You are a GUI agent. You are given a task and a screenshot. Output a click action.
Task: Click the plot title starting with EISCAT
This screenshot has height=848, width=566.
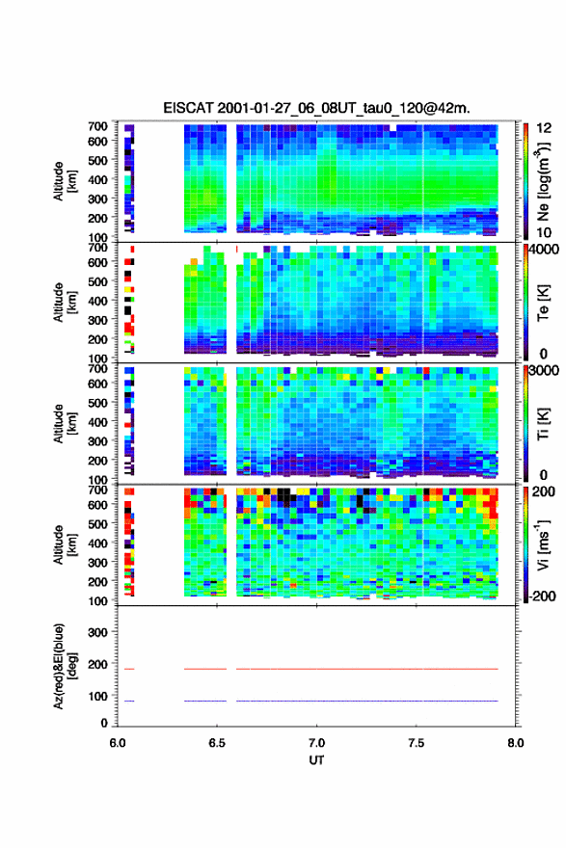click(x=316, y=108)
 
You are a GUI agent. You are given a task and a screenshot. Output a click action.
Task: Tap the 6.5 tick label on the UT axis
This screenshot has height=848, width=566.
click(x=217, y=743)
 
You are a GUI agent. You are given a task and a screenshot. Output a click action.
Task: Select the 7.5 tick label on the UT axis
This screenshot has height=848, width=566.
click(x=417, y=743)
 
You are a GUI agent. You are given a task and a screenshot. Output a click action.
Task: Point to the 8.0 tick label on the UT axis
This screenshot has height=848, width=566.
click(x=516, y=743)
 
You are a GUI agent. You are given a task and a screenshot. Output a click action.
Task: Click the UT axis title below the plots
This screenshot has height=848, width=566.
click(x=316, y=760)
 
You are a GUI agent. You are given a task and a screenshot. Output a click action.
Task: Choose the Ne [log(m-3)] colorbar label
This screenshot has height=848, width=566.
click(x=544, y=182)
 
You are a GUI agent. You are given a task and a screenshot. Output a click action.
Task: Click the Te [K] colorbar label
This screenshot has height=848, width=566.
click(x=544, y=303)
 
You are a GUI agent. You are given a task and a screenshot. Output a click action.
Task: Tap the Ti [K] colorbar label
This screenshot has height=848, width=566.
click(x=544, y=424)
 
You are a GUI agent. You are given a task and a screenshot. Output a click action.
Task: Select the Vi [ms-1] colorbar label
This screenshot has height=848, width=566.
click(x=544, y=545)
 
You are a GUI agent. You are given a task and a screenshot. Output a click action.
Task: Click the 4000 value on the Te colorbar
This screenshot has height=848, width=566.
click(x=543, y=250)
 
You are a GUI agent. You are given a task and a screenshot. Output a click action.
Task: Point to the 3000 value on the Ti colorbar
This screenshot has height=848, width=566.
click(x=543, y=370)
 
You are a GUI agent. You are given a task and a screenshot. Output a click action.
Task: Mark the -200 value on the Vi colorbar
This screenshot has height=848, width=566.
click(x=541, y=596)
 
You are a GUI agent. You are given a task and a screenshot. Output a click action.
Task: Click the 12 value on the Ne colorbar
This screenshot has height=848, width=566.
click(x=544, y=128)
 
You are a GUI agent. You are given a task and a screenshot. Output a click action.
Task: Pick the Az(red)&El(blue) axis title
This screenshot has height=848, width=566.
click(x=65, y=666)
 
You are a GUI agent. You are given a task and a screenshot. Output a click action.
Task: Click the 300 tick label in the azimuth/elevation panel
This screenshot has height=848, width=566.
click(x=98, y=632)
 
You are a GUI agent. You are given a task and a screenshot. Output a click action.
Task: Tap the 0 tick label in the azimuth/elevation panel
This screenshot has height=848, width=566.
click(x=104, y=722)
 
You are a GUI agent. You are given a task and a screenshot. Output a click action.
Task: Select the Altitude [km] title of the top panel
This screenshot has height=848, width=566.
click(x=65, y=181)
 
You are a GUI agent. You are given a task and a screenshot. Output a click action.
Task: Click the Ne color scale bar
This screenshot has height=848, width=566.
click(x=526, y=181)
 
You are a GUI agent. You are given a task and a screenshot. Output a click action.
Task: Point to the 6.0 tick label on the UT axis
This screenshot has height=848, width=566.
click(x=118, y=743)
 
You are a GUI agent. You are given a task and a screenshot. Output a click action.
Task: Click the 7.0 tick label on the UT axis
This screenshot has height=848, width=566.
click(x=316, y=743)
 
